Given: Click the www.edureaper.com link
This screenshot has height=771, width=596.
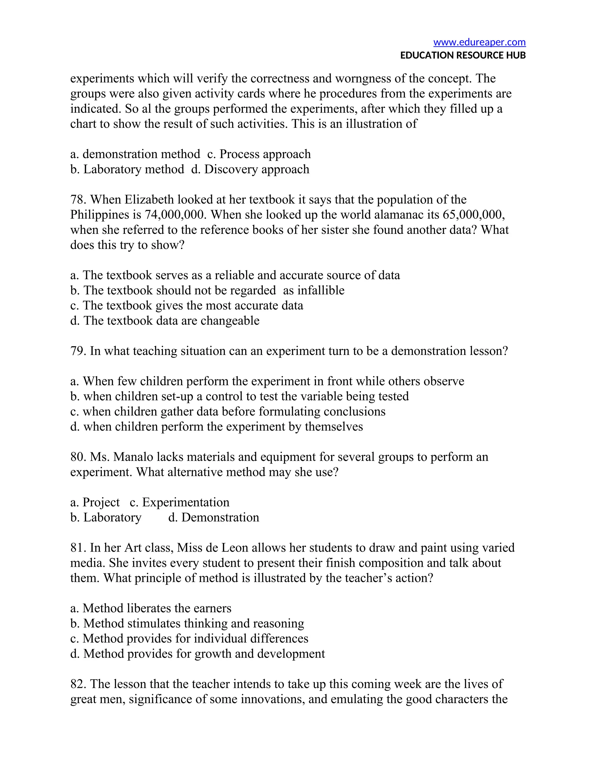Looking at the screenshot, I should coord(479,42).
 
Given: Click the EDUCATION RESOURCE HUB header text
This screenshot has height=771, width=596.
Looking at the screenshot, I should coord(462,55).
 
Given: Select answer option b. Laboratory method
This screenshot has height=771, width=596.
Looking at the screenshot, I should coord(127,169).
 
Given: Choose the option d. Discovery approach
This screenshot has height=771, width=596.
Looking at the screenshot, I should coord(250,169).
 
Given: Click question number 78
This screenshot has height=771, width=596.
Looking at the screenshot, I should coord(78,200).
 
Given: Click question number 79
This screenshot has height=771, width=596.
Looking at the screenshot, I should coord(78,351).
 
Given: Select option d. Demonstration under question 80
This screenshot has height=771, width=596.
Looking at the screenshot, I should coord(214,518).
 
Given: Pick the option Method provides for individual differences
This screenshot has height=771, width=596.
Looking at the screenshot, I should coord(189,639).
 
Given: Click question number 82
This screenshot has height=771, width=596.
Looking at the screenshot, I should coord(78,684).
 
